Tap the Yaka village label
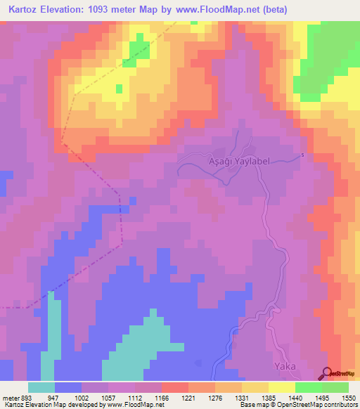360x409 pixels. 284,366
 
